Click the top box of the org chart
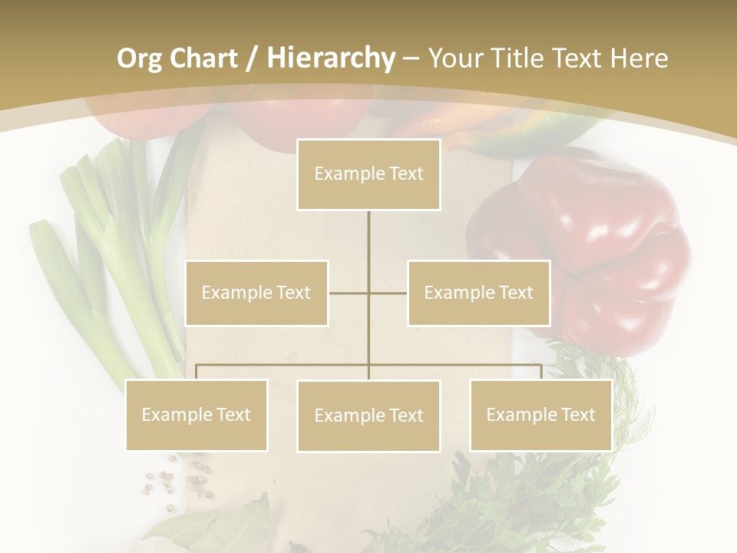(x=368, y=174)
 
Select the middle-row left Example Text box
(x=256, y=293)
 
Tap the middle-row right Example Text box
(x=478, y=293)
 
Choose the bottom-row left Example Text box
(x=197, y=415)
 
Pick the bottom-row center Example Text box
(x=368, y=416)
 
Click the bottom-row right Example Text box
(x=540, y=415)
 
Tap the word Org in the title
(x=139, y=58)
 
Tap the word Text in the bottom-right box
(x=577, y=415)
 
